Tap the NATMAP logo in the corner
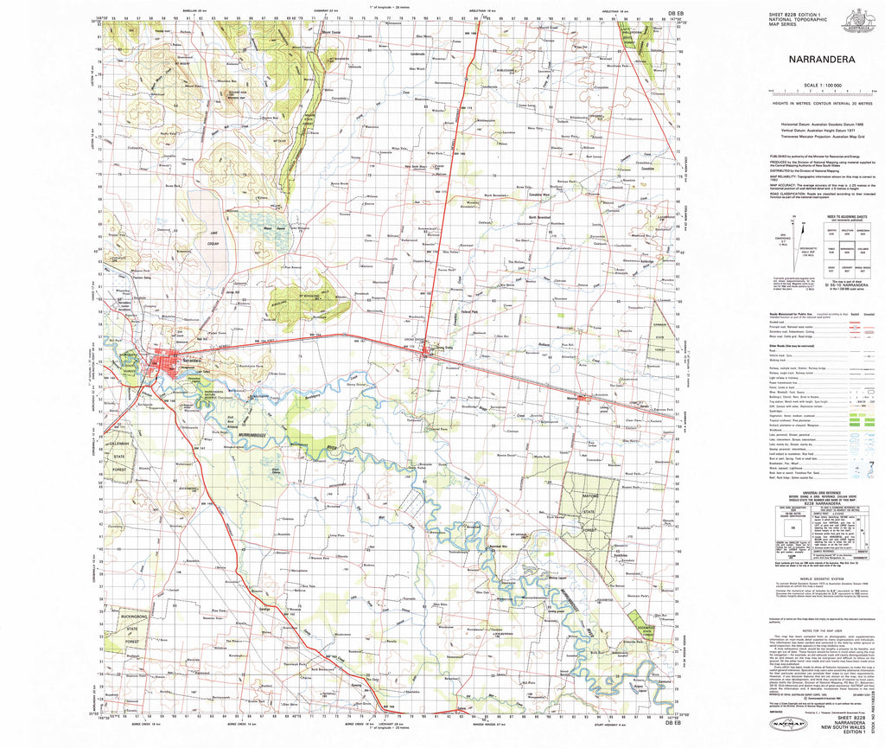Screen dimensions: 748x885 pyautogui.click(x=786, y=723)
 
